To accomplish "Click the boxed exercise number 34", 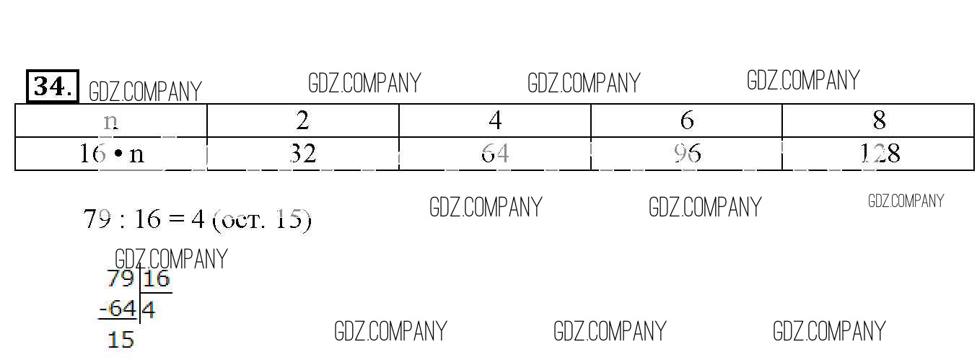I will [x=53, y=87].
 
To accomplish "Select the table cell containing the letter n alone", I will [x=110, y=120].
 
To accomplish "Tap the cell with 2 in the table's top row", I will [x=303, y=120].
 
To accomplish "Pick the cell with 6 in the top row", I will [x=687, y=120].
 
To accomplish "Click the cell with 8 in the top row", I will [x=879, y=120].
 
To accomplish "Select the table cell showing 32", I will [x=303, y=153].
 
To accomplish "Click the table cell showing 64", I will [x=495, y=153].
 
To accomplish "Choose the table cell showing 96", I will [x=687, y=153].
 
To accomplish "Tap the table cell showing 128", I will [x=879, y=153].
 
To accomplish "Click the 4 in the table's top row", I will [x=495, y=120].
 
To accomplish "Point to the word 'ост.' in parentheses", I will [x=245, y=220].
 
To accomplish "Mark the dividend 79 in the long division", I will [x=121, y=278].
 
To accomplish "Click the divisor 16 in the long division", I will [x=157, y=278].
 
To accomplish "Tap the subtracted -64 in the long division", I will [x=118, y=309].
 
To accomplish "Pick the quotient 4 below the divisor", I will [x=148, y=310].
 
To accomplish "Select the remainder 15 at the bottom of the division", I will [x=121, y=339].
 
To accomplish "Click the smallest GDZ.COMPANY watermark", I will [x=906, y=201].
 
